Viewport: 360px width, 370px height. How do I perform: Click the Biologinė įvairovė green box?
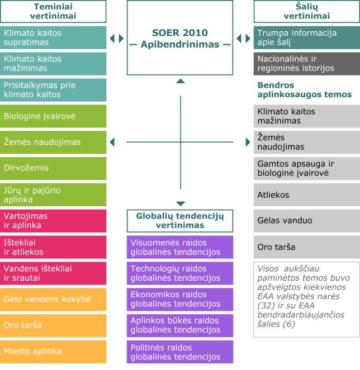pos(53,116)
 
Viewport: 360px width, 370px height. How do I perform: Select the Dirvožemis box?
pos(53,168)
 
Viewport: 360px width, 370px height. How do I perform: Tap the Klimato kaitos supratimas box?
pos(53,37)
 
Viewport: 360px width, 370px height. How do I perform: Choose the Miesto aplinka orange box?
pos(53,352)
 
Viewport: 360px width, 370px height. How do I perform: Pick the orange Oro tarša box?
pos(53,325)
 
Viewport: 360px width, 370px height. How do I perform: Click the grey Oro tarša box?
pos(307,247)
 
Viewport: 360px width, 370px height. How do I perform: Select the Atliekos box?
pos(307,195)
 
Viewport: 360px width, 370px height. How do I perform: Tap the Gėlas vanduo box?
pos(307,221)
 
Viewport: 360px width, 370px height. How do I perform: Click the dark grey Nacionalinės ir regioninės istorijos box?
pos(307,64)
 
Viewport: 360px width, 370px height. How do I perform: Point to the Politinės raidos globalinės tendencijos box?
pos(180,352)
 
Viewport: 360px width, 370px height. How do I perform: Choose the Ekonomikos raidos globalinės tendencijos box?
pos(180,299)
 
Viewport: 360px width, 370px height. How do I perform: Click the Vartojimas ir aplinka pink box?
pos(53,221)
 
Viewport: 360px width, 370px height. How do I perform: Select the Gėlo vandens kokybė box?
pos(53,299)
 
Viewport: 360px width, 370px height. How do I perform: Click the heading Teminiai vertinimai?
pos(53,11)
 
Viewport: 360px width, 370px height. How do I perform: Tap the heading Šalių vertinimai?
pos(307,11)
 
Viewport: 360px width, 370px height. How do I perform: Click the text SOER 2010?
pos(180,32)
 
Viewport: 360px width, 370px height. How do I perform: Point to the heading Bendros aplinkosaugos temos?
pos(305,90)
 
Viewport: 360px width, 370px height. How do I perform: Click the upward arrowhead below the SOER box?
pos(181,81)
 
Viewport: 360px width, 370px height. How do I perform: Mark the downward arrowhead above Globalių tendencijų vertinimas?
pos(181,203)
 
